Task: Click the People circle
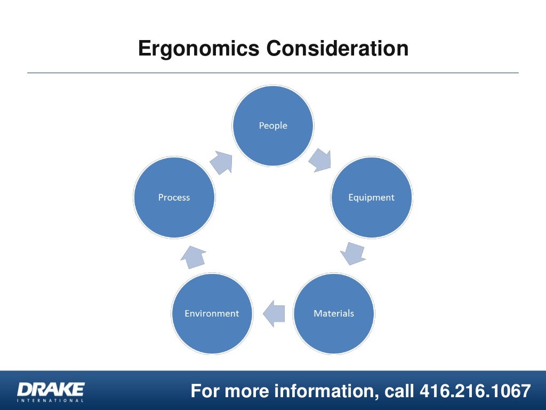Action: pyautogui.click(x=273, y=125)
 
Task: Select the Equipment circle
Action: pyautogui.click(x=372, y=197)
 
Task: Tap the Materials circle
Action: pyautogui.click(x=334, y=313)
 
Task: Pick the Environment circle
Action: pyautogui.click(x=212, y=313)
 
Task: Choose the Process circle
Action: pyautogui.click(x=174, y=197)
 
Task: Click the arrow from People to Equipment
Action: pyautogui.click(x=320, y=160)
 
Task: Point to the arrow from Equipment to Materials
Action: pyautogui.click(x=354, y=253)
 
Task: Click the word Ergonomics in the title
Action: pyautogui.click(x=198, y=49)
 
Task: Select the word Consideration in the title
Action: pyautogui.click(x=338, y=49)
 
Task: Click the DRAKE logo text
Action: pyautogui.click(x=51, y=388)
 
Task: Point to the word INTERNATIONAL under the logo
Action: pyautogui.click(x=51, y=400)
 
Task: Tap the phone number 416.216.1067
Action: pyautogui.click(x=475, y=391)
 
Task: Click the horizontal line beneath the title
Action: pyautogui.click(x=273, y=73)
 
